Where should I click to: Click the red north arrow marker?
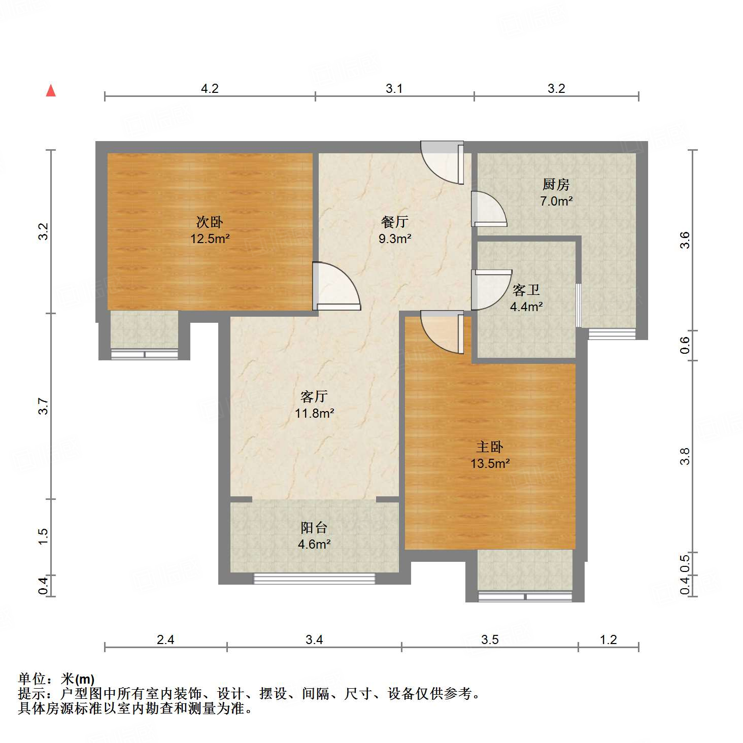[x=51, y=90]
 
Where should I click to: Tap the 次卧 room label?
[x=210, y=222]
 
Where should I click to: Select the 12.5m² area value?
[x=210, y=239]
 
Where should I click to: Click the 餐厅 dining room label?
[x=394, y=222]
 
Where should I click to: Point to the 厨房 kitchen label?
[x=556, y=184]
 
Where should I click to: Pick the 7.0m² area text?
[x=556, y=201]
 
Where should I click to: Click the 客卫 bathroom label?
[x=526, y=290]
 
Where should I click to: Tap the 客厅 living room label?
[x=314, y=396]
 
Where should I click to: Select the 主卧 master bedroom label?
[x=490, y=447]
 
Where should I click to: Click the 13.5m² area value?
[x=490, y=463]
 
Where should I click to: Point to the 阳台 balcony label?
[x=314, y=528]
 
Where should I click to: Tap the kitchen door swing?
[x=488, y=209]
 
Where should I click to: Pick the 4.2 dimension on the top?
[x=210, y=89]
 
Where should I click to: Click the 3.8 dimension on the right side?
[x=685, y=456]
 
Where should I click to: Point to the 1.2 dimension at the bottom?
[x=608, y=639]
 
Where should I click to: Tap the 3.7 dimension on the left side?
[x=44, y=406]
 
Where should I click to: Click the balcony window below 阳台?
[x=314, y=578]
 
